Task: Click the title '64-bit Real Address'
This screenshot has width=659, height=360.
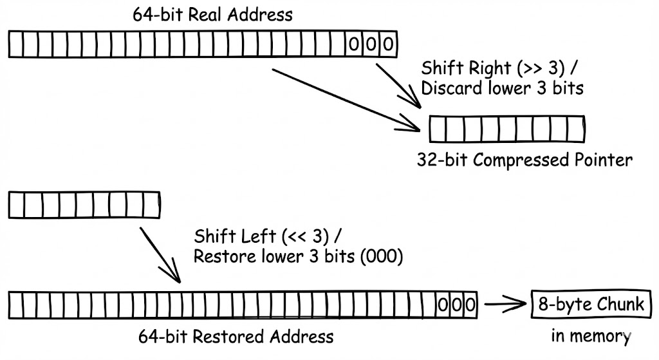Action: (212, 14)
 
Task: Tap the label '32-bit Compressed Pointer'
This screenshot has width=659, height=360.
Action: (524, 160)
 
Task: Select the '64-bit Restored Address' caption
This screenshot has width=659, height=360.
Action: (236, 336)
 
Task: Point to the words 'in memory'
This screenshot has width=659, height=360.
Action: (590, 336)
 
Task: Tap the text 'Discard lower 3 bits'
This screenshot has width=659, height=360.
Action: (502, 88)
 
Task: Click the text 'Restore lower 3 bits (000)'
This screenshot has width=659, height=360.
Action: (298, 256)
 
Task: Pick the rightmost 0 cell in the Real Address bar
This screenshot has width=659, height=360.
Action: (388, 45)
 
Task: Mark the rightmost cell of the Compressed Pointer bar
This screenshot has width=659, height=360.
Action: (576, 128)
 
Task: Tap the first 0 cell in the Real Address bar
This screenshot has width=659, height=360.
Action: (353, 45)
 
